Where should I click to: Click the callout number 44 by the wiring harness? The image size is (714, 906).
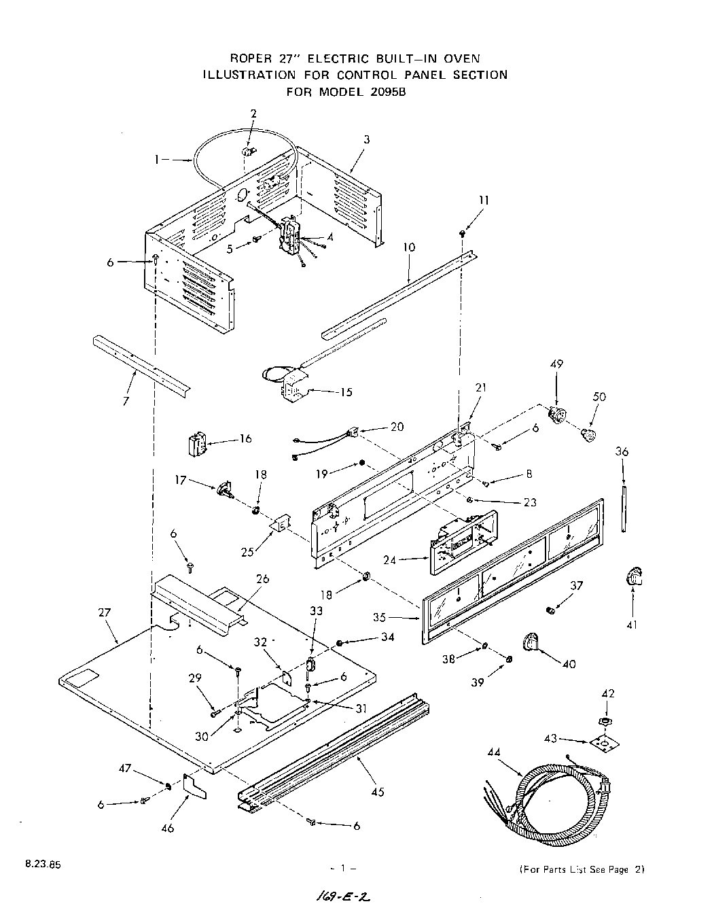click(x=494, y=752)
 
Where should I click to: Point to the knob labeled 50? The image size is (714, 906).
click(x=590, y=435)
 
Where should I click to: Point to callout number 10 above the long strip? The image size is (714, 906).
click(x=408, y=249)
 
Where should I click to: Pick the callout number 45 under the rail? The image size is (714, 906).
click(x=378, y=792)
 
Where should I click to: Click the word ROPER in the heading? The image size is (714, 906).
click(x=251, y=58)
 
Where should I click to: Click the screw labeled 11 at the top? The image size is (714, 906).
click(x=463, y=233)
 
